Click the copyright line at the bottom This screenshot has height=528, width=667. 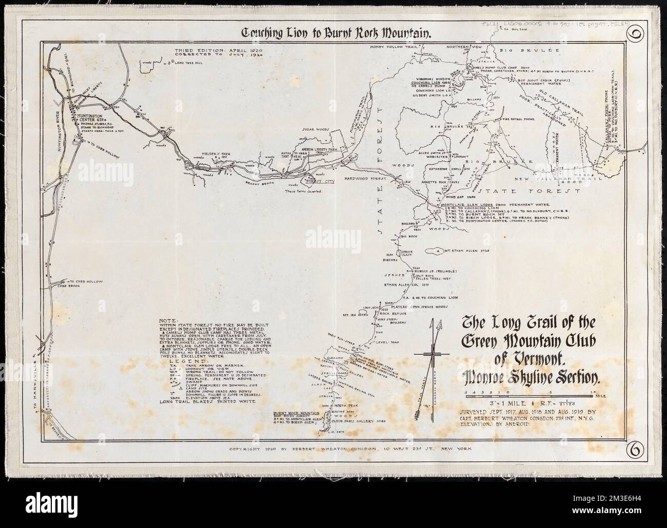click(x=343, y=448)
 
